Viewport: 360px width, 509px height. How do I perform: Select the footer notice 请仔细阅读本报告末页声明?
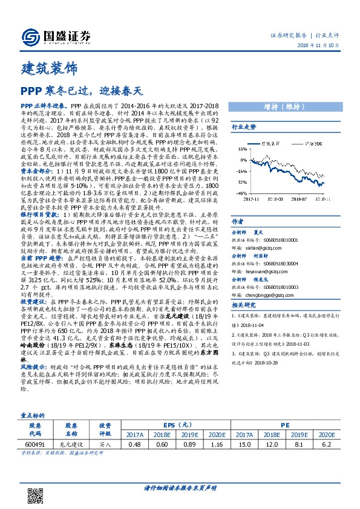pos(180,488)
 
